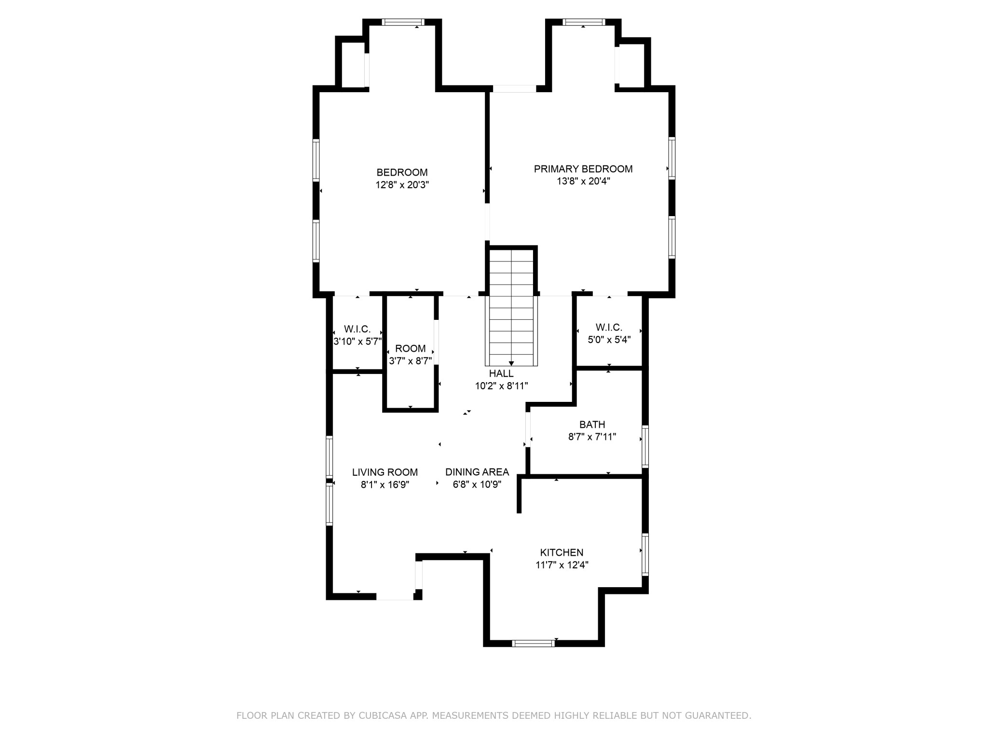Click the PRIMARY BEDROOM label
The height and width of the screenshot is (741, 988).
pyautogui.click(x=583, y=169)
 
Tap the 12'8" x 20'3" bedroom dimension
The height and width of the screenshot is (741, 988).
pyautogui.click(x=402, y=185)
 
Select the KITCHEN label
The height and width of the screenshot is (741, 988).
pyautogui.click(x=562, y=552)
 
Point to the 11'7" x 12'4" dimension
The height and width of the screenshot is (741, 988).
pyautogui.click(x=562, y=565)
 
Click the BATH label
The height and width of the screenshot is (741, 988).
pyautogui.click(x=592, y=425)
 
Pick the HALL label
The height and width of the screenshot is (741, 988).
pyautogui.click(x=501, y=373)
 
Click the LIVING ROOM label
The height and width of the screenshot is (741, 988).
pyautogui.click(x=384, y=472)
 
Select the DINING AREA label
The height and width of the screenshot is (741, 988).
pyautogui.click(x=477, y=472)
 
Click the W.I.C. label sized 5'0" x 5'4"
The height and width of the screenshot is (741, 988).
pyautogui.click(x=609, y=327)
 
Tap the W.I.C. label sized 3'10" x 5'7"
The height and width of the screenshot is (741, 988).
pyautogui.click(x=357, y=329)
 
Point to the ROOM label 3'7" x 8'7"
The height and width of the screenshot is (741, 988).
pyautogui.click(x=411, y=348)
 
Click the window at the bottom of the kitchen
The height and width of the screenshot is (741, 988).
pyautogui.click(x=533, y=643)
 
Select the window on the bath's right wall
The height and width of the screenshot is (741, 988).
pyautogui.click(x=645, y=446)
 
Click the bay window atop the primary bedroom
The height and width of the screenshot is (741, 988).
pyautogui.click(x=583, y=22)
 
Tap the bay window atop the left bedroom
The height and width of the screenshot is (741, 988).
pyautogui.click(x=403, y=22)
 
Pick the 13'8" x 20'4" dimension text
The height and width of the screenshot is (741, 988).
pyautogui.click(x=583, y=181)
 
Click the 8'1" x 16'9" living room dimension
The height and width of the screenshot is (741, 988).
pyautogui.click(x=384, y=485)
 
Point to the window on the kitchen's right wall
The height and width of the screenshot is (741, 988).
pyautogui.click(x=645, y=554)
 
